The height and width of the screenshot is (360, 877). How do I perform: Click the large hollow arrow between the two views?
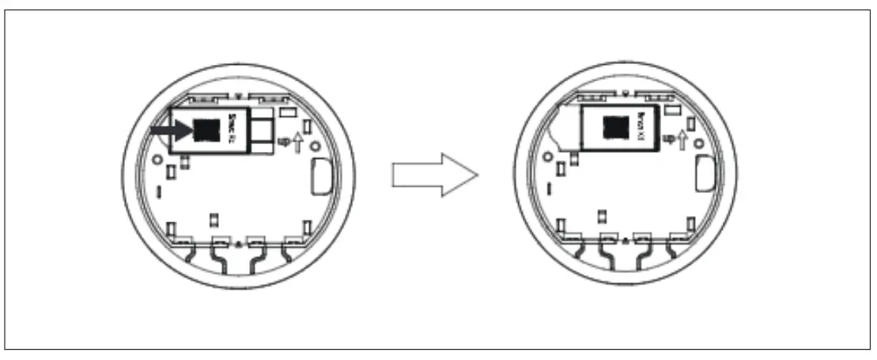click(436, 175)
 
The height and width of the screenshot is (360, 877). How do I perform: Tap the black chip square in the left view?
click(208, 127)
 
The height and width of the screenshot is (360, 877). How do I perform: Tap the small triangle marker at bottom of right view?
click(625, 239)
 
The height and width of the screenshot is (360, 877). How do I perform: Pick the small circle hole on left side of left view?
click(157, 157)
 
